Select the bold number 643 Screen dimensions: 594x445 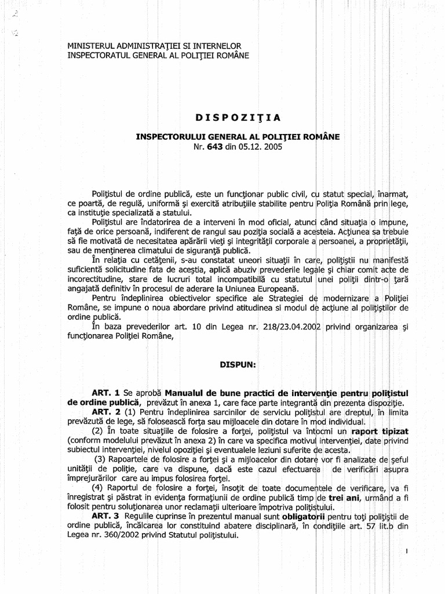(213, 147)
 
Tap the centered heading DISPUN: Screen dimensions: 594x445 (232, 365)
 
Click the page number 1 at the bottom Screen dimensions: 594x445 (407, 552)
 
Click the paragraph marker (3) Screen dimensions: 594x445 (105, 460)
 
